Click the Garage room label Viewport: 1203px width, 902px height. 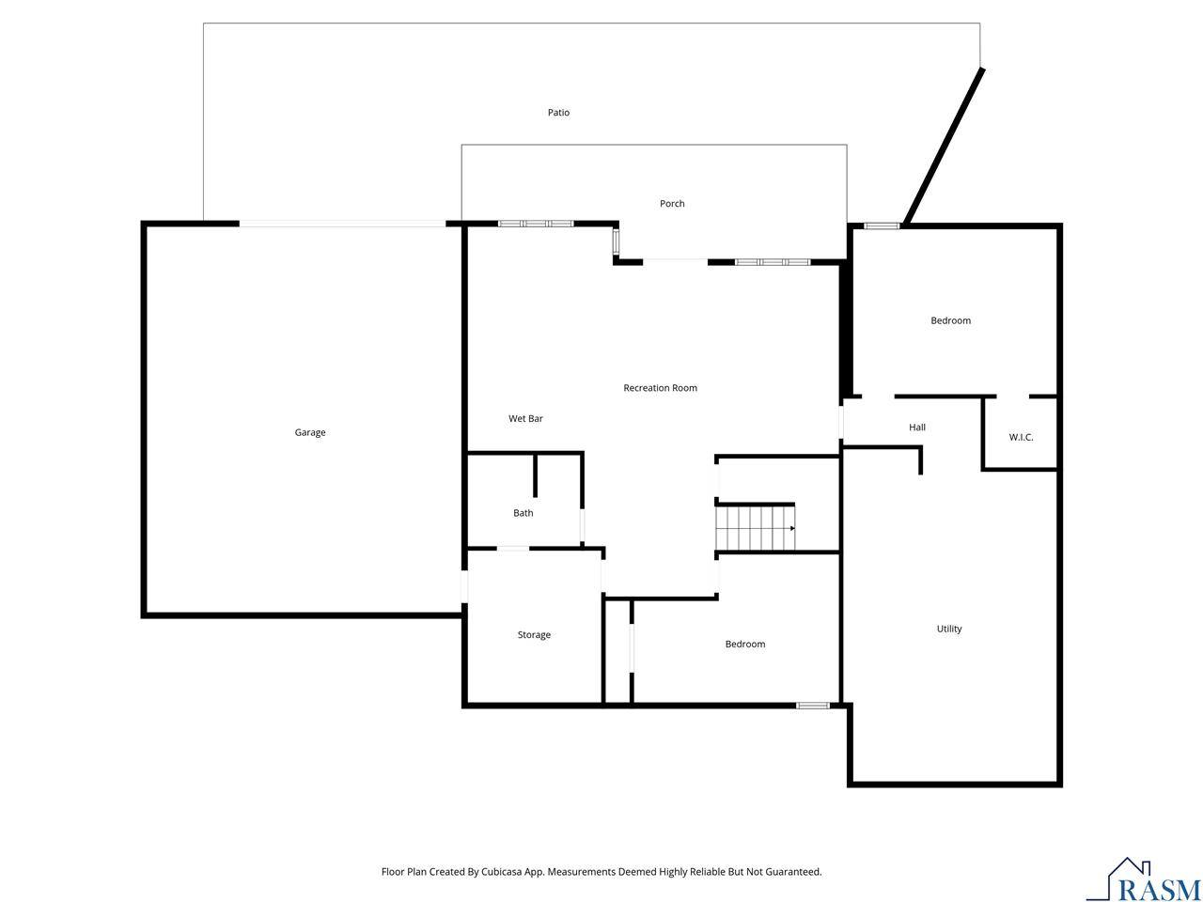pos(309,432)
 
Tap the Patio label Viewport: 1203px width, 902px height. pos(558,112)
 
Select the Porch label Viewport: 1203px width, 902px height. pos(672,204)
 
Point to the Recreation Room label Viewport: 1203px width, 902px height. pos(660,388)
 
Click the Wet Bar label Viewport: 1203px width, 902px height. pos(525,418)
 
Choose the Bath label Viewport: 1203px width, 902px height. pos(523,513)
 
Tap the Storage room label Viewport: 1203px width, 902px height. pos(534,635)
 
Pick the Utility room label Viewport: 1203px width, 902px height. pos(948,629)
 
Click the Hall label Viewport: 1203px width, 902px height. pos(917,428)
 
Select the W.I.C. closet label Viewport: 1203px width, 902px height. pos(1021,437)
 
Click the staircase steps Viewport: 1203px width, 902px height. pos(756,528)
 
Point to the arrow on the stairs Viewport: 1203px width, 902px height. pos(792,528)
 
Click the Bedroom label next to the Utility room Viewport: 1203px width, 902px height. pos(744,644)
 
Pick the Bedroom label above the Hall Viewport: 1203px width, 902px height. pos(950,320)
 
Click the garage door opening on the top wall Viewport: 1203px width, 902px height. pos(342,224)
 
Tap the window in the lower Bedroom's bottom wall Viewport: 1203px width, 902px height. pos(813,706)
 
